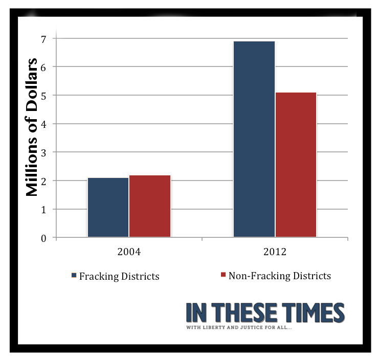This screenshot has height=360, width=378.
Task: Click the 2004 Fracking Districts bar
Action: pos(108,207)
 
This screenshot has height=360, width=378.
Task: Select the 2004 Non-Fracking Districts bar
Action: pos(149,206)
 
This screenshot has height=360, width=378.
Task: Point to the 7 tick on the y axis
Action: pos(43,39)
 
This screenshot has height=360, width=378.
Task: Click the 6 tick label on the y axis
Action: pos(43,67)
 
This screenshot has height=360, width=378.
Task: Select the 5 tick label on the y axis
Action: pos(43,96)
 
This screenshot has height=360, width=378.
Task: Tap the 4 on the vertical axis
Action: pos(43,124)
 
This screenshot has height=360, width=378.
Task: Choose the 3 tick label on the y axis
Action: pos(43,153)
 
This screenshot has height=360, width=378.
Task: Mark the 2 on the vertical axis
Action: pos(43,181)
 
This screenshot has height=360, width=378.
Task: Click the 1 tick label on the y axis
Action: pos(43,210)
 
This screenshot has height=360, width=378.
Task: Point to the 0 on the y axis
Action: pos(43,238)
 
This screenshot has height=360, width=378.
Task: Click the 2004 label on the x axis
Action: pos(129,252)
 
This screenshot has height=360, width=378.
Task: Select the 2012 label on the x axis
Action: pos(275,252)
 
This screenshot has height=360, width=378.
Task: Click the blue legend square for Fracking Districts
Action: pos(74,276)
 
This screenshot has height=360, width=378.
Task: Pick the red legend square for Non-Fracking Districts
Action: pos(223,275)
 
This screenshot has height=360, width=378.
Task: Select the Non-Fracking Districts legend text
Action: pos(279,276)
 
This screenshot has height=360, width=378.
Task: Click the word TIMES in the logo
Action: pos(312,312)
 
